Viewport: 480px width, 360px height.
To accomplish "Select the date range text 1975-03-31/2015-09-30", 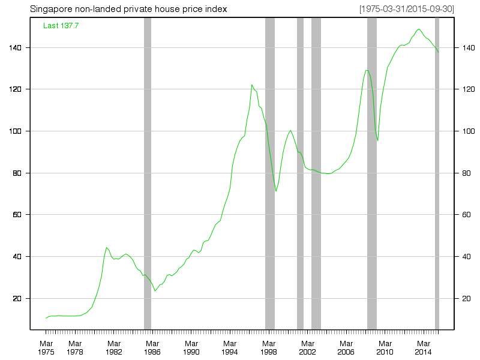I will pos(406,10).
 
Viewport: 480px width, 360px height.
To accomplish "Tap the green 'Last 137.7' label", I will pos(61,26).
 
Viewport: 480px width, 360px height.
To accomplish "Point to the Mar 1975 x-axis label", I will pos(46,347).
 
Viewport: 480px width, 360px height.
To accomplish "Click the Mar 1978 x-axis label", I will pos(75,347).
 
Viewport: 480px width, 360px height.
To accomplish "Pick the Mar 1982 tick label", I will pos(114,347).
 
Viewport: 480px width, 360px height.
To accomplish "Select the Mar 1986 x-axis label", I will pos(152,347).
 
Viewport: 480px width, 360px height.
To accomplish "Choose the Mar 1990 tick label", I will pos(191,347).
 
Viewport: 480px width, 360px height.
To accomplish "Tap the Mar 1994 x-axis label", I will pos(230,347).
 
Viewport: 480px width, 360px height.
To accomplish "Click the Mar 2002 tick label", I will pos(307,347).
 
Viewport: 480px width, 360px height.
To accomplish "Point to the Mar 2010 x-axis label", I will pos(385,347).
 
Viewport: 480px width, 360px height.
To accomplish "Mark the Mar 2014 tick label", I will pos(424,347).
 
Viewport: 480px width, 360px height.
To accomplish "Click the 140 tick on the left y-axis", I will pos(17,47).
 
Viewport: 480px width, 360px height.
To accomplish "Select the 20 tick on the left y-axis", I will pos(19,299).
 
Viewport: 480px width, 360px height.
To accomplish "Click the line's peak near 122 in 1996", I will pos(252,85).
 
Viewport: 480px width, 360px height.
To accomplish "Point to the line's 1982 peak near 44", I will pos(106,247).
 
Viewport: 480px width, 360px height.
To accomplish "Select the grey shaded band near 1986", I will pos(148,174).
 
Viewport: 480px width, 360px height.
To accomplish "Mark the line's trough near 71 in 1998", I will pos(276,191).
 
